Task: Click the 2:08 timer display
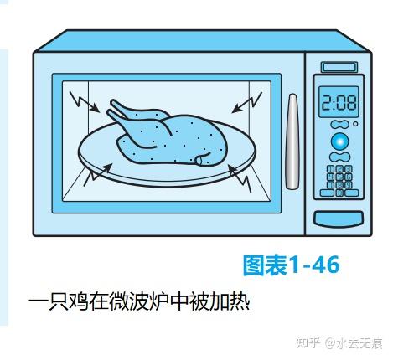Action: (339, 102)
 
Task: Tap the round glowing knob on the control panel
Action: (339, 141)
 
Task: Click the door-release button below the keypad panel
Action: (339, 219)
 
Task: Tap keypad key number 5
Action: (339, 177)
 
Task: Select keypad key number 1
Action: (331, 169)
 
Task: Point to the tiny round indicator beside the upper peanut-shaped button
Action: (355, 124)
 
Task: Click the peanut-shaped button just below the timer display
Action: (339, 125)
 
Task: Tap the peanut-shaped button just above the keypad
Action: (339, 157)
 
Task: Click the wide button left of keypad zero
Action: (327, 193)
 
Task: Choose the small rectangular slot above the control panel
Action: (339, 67)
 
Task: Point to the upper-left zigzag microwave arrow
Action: (84, 102)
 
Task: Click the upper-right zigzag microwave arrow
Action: (247, 103)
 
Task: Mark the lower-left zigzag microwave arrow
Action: (98, 175)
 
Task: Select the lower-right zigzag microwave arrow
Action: (240, 178)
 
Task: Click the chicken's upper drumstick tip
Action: (112, 102)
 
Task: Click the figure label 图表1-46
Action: (292, 265)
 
